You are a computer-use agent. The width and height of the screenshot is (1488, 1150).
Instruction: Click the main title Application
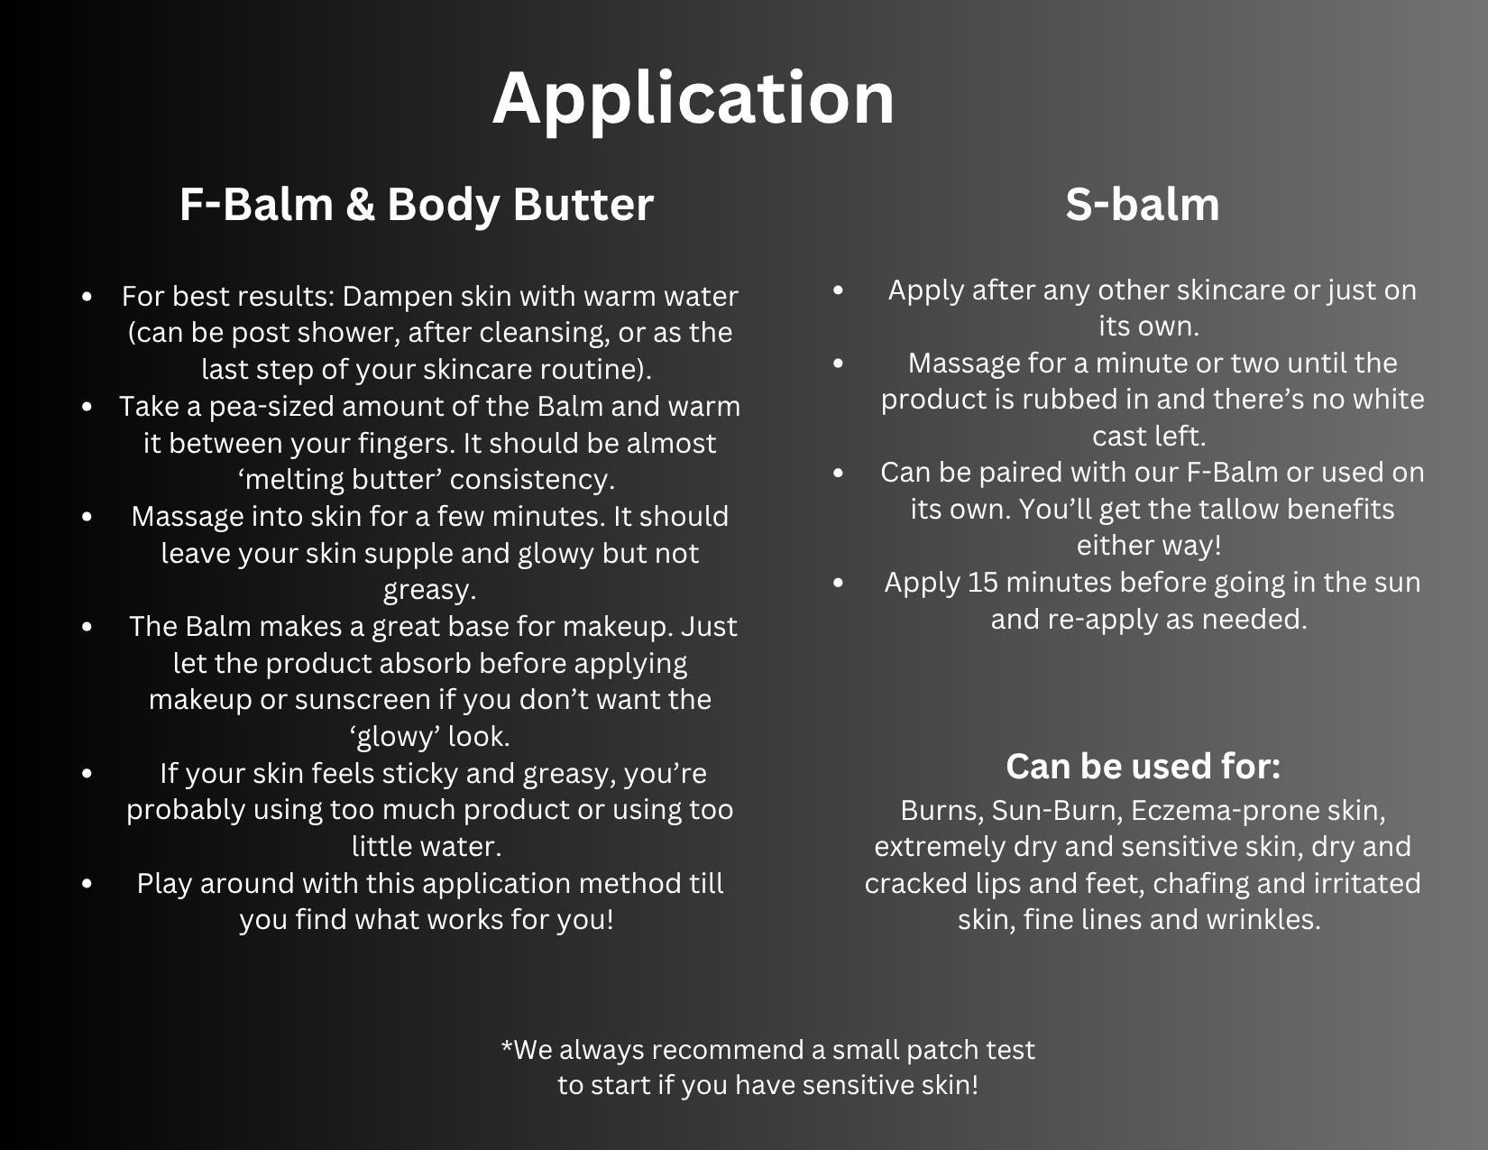[x=693, y=99]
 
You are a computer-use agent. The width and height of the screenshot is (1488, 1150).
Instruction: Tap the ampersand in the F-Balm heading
[x=360, y=205]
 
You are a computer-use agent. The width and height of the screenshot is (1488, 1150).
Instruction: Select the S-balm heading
[x=1143, y=204]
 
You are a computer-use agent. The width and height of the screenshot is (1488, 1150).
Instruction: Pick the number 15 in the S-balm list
[x=983, y=582]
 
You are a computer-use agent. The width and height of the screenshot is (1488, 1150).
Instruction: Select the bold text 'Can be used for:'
[x=1143, y=766]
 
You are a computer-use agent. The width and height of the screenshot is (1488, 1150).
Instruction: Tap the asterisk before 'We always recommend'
[x=507, y=1046]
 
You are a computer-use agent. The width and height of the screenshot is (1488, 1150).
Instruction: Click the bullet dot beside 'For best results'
[x=87, y=297]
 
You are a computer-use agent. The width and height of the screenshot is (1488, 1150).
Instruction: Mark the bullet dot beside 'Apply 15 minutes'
[x=838, y=582]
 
